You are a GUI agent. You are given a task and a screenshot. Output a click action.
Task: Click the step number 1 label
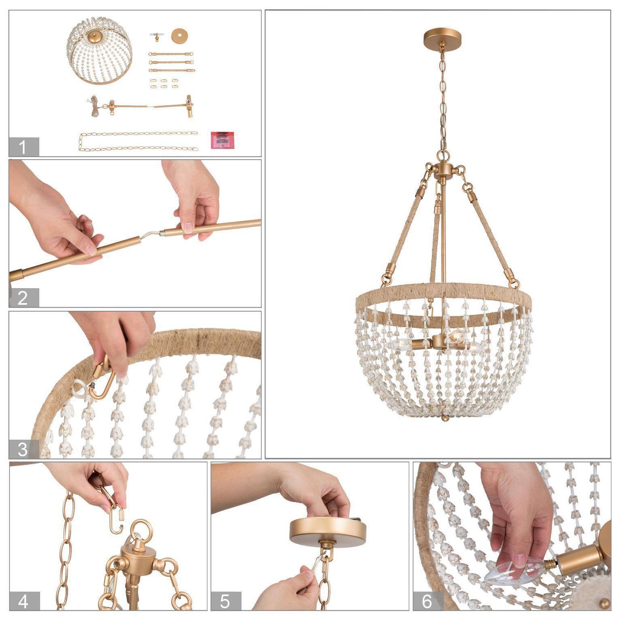24,147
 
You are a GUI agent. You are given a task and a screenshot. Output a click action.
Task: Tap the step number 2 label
24,298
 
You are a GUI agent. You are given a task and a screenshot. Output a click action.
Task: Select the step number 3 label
24,449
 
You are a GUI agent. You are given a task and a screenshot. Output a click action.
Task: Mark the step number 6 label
428,601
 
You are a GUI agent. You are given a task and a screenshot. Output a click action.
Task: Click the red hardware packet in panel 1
222,139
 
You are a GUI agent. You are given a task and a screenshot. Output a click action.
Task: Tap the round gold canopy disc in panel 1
180,36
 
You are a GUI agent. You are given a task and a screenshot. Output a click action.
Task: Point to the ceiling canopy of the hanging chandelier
443,38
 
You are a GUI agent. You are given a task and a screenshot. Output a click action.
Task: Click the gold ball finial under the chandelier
445,418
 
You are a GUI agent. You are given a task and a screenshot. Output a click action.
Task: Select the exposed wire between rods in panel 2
151,234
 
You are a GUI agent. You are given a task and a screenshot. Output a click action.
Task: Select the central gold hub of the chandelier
443,170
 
